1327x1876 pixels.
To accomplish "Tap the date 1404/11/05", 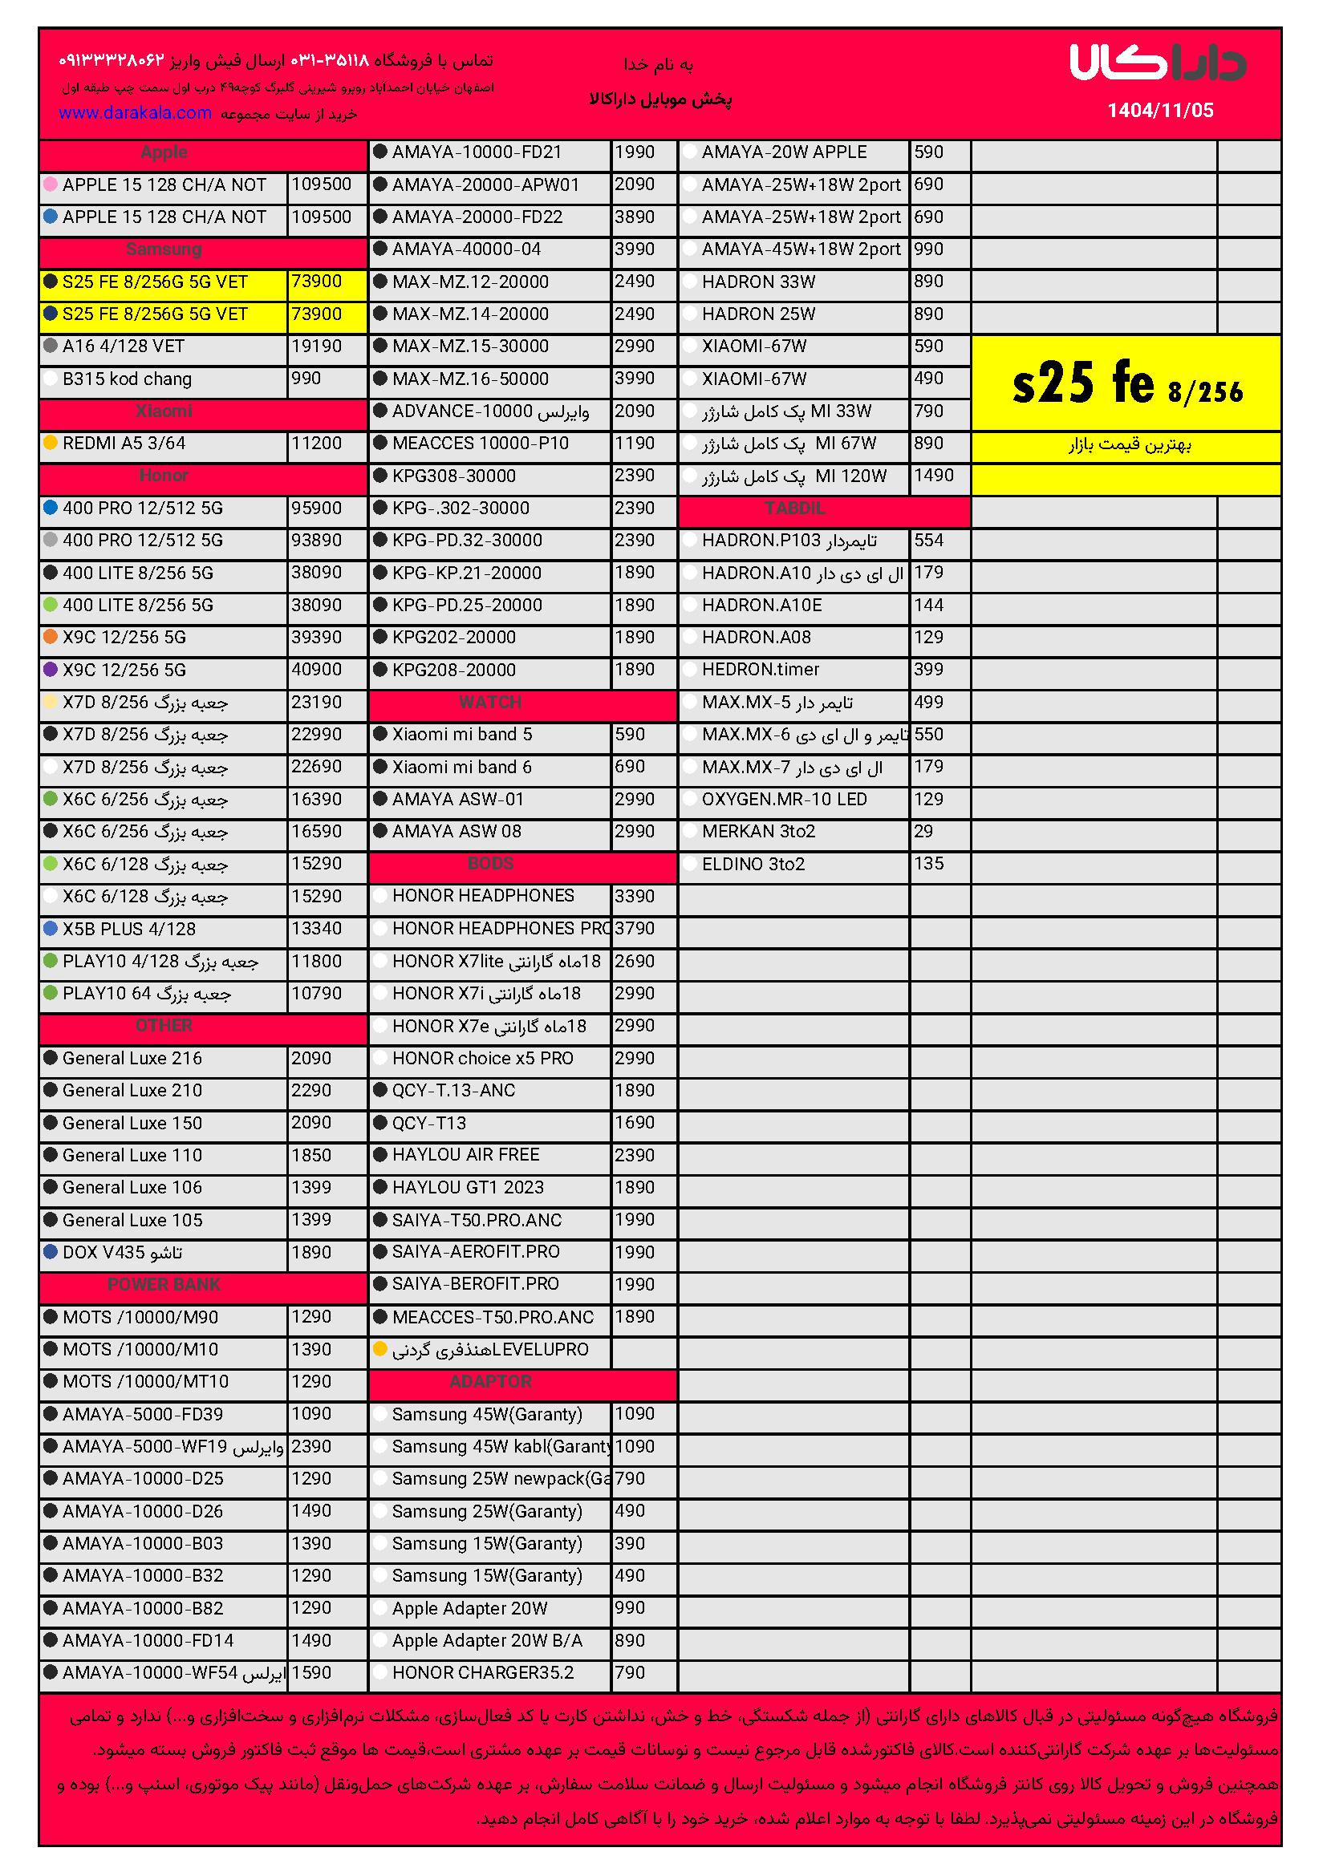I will click(x=1159, y=111).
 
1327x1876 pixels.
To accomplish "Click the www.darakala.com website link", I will click(x=135, y=113).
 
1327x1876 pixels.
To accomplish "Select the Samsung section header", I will click(x=164, y=249).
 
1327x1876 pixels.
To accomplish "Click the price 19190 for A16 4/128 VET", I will click(x=316, y=346).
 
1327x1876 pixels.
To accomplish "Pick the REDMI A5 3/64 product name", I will click(x=124, y=444).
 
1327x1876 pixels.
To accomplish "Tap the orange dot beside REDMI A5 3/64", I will click(x=51, y=443).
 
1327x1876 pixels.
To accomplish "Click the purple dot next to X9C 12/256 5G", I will click(x=51, y=670).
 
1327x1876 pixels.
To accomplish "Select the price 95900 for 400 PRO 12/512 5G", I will click(x=316, y=509).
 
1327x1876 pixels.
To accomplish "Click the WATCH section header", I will click(x=490, y=702).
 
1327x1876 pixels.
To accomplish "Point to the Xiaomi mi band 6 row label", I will click(x=461, y=768).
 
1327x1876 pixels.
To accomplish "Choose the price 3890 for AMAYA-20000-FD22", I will click(x=634, y=217).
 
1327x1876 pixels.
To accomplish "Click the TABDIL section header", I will click(x=794, y=509).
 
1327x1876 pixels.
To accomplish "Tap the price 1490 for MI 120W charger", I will click(x=933, y=476).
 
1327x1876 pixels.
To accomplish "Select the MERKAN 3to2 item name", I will click(x=758, y=832).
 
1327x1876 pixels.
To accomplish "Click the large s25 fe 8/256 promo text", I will click(x=1126, y=384).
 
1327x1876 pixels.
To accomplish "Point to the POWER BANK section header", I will click(x=164, y=1284).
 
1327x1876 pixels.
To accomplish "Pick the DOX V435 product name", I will click(x=123, y=1253).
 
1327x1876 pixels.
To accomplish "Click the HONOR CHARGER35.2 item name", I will click(x=483, y=1672).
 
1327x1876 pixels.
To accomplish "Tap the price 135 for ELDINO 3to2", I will click(x=928, y=864).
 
